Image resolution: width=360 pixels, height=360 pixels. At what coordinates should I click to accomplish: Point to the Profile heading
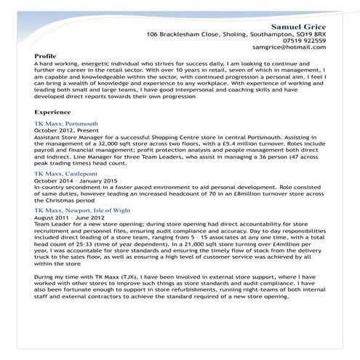45,56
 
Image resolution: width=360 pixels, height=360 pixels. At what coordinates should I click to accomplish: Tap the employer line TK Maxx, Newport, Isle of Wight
84,209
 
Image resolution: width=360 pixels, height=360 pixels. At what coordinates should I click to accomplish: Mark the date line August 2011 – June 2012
70,217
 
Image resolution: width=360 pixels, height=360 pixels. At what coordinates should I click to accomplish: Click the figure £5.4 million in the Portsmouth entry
216,145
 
